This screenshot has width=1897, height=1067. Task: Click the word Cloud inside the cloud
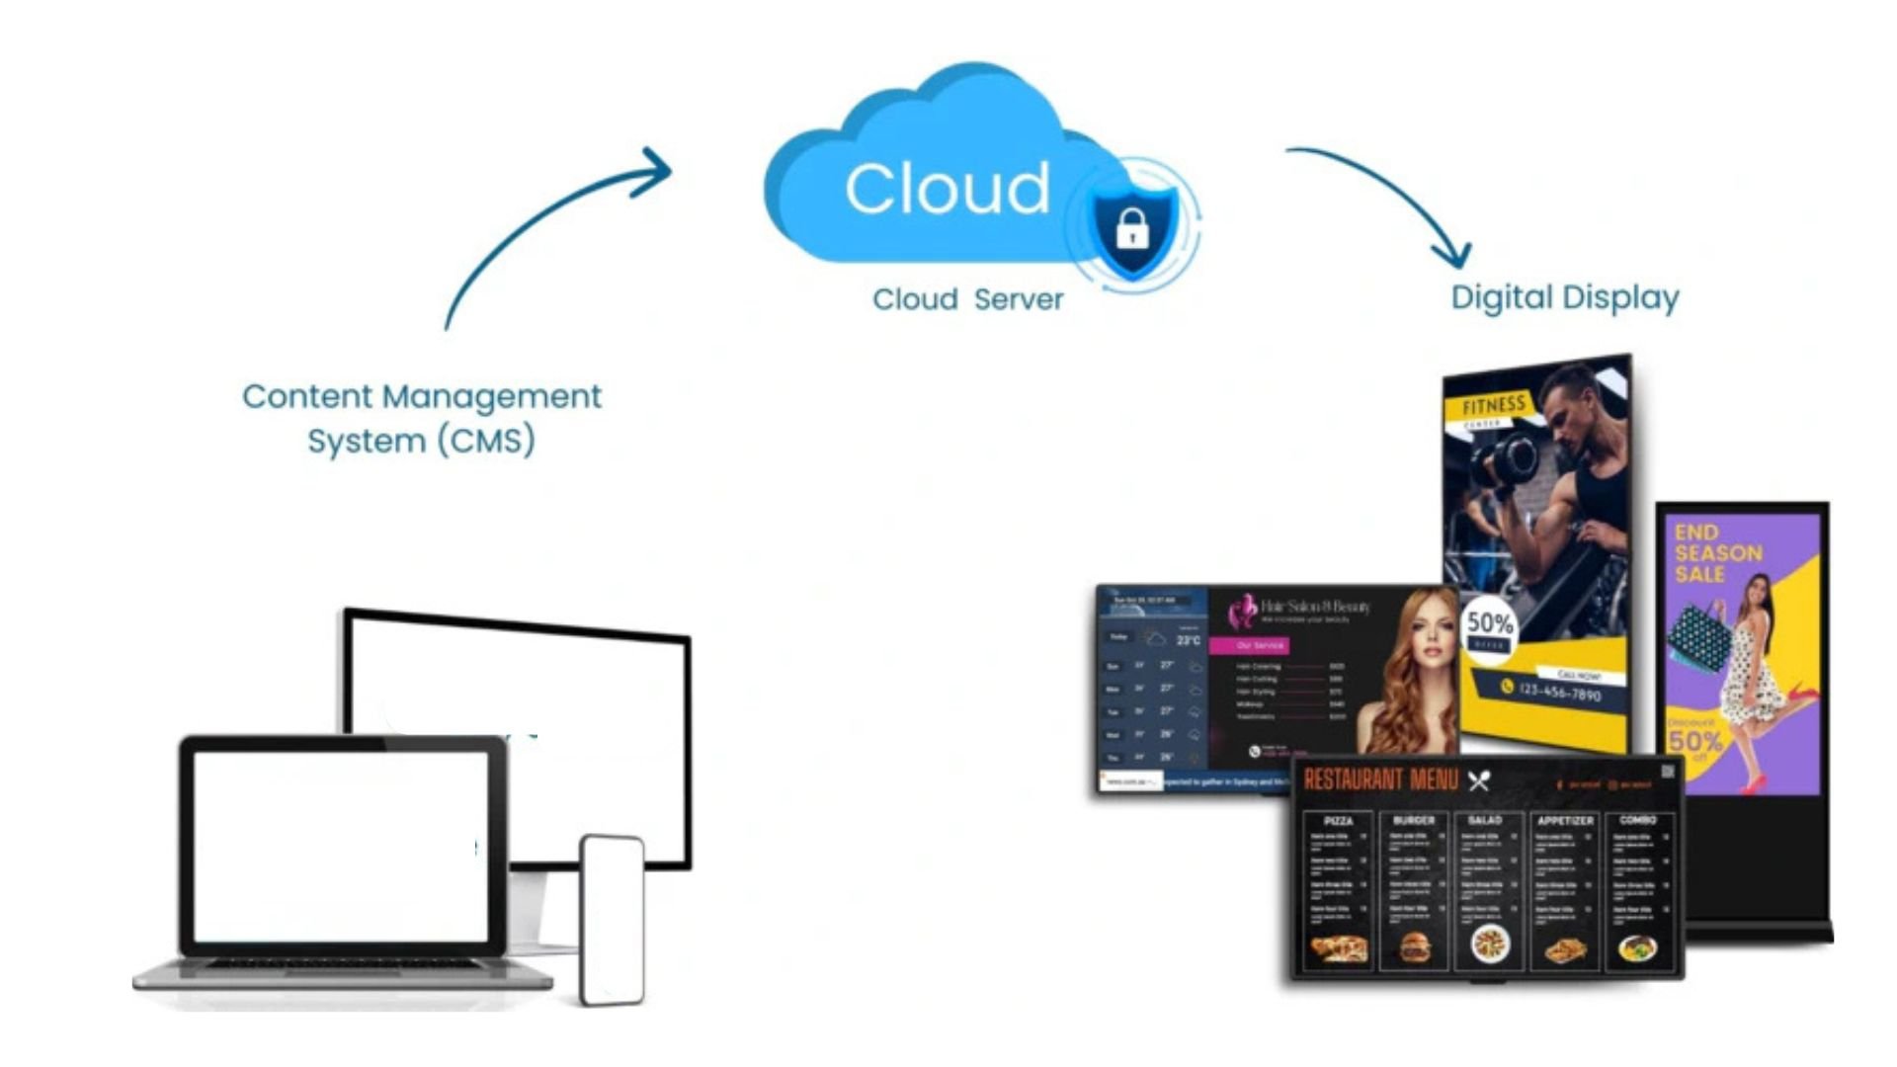pos(947,188)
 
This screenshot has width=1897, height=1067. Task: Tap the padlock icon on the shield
pos(1132,229)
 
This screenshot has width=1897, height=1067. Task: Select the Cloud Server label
pos(967,299)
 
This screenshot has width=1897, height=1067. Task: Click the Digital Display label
pos(1564,297)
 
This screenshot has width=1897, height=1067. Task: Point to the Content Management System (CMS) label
pos(422,418)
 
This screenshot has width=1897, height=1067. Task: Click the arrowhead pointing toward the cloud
pos(657,170)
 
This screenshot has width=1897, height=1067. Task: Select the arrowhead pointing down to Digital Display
pos(1454,255)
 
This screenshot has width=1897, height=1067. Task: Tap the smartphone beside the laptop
pos(612,919)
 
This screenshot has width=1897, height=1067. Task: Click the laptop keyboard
pos(341,963)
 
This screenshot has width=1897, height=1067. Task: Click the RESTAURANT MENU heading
pos(1380,780)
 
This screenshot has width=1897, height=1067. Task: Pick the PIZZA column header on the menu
pos(1338,821)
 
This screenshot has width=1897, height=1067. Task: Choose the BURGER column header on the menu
pos(1413,820)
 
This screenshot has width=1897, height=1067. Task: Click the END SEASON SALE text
pos(1717,553)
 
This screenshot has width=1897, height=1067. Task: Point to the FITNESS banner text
pos(1493,406)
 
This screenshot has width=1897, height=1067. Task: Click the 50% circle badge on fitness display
pos(1489,626)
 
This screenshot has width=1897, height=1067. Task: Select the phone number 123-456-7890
pos(1559,692)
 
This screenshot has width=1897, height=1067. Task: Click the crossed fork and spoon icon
pos(1478,781)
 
